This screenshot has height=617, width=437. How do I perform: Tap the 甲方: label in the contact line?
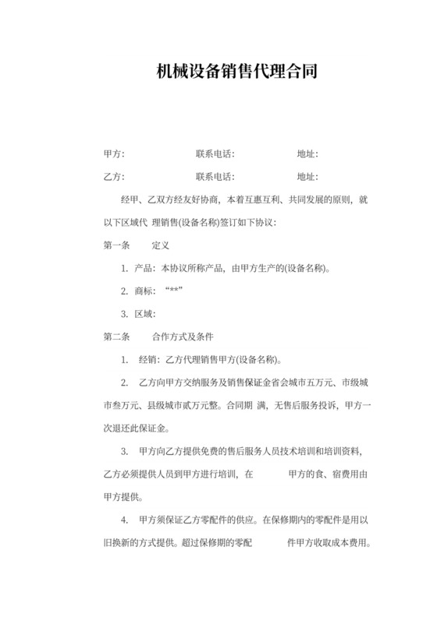pyautogui.click(x=114, y=154)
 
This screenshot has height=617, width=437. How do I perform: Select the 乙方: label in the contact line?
pyautogui.click(x=114, y=177)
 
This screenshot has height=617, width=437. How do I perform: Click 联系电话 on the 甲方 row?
pyautogui.click(x=215, y=154)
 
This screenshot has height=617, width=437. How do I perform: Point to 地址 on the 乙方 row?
pyautogui.click(x=307, y=177)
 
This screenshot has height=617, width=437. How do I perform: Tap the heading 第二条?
pyautogui.click(x=116, y=337)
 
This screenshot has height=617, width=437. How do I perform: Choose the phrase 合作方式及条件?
pyautogui.click(x=183, y=337)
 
